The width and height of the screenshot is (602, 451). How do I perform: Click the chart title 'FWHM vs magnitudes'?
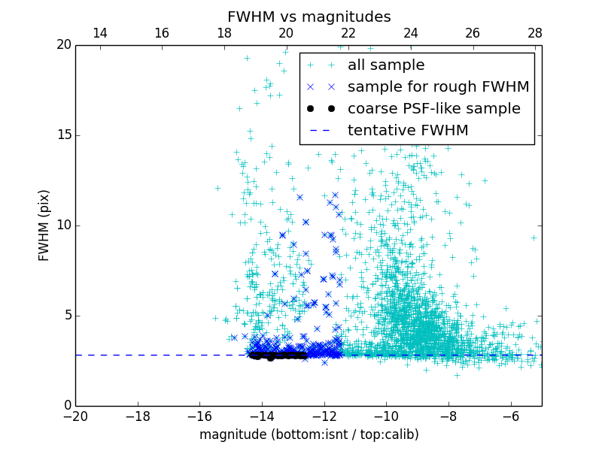[309, 17]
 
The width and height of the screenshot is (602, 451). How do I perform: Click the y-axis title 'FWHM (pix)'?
[44, 225]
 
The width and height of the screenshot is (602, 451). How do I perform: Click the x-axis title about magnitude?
[309, 434]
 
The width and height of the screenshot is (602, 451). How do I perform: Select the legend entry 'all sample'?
[386, 65]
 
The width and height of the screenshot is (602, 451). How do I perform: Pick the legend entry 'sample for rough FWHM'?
[438, 87]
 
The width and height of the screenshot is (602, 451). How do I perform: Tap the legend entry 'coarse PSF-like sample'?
[433, 109]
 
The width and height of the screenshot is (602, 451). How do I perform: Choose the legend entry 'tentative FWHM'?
[408, 131]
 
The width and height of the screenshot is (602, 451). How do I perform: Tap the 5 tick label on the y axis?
[66, 316]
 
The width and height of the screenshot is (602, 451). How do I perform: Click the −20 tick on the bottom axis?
[75, 416]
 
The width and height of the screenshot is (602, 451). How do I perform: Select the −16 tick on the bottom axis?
[199, 416]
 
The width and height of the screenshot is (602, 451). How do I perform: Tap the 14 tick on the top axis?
[99, 33]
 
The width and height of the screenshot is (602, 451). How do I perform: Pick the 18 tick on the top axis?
[224, 33]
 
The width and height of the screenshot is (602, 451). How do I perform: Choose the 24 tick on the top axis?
[411, 33]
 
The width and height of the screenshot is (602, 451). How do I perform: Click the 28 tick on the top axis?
[535, 33]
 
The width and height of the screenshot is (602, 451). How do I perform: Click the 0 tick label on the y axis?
[66, 406]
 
